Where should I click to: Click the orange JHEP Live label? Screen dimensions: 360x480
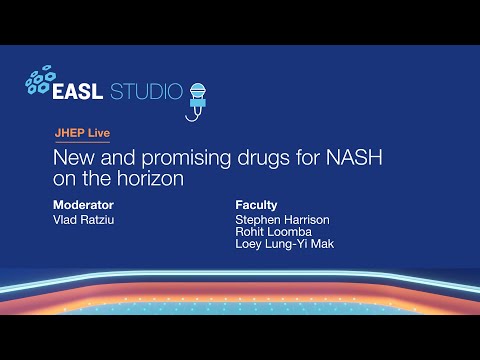82,133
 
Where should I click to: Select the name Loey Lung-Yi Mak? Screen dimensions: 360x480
284,244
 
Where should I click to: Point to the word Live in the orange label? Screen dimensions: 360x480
97,133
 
